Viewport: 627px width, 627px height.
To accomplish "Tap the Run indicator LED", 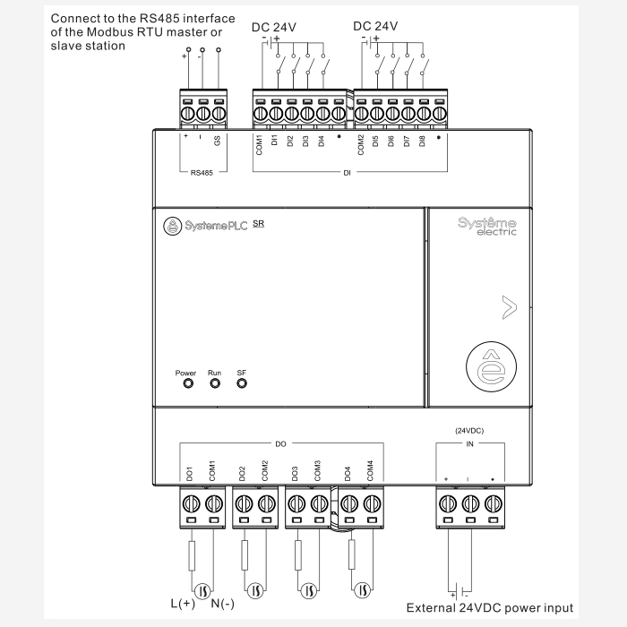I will pyautogui.click(x=215, y=383).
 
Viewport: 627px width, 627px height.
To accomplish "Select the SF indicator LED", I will pyautogui.click(x=242, y=383).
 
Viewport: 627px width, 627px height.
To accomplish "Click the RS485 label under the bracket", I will pyautogui.click(x=202, y=173).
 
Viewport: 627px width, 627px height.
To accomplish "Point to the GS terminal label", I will pyautogui.click(x=217, y=141).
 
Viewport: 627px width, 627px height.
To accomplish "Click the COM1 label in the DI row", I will pyautogui.click(x=260, y=145).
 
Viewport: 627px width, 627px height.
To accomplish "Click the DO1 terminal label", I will pyautogui.click(x=190, y=472).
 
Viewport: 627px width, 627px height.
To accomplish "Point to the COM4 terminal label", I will pyautogui.click(x=370, y=470).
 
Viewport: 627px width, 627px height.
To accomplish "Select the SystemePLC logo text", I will pyautogui.click(x=214, y=227).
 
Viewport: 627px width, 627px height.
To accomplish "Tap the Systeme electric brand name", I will pyautogui.click(x=487, y=226).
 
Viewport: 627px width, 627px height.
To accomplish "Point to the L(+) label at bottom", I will pyautogui.click(x=183, y=603).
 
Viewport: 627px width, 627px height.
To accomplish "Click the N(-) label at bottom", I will pyautogui.click(x=223, y=603).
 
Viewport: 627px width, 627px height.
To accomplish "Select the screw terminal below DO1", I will pyautogui.click(x=191, y=504).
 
